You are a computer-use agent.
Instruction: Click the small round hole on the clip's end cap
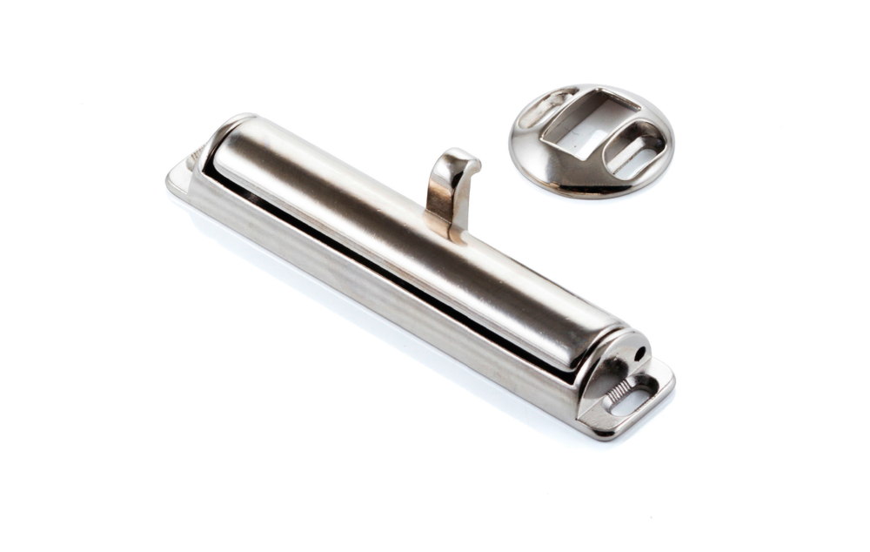pyautogui.click(x=639, y=354)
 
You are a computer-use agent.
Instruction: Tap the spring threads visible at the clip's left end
pyautogui.click(x=192, y=158)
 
